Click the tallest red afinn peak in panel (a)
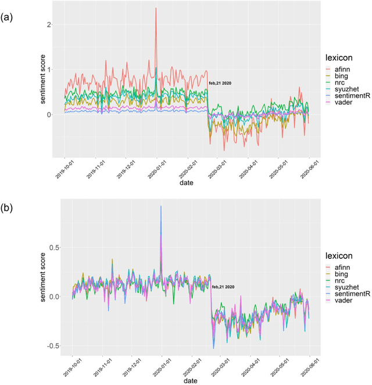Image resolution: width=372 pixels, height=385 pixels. coord(156,8)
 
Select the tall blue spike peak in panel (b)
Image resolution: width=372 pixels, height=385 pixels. coord(161,206)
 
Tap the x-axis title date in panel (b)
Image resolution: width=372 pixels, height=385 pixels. coord(191,378)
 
